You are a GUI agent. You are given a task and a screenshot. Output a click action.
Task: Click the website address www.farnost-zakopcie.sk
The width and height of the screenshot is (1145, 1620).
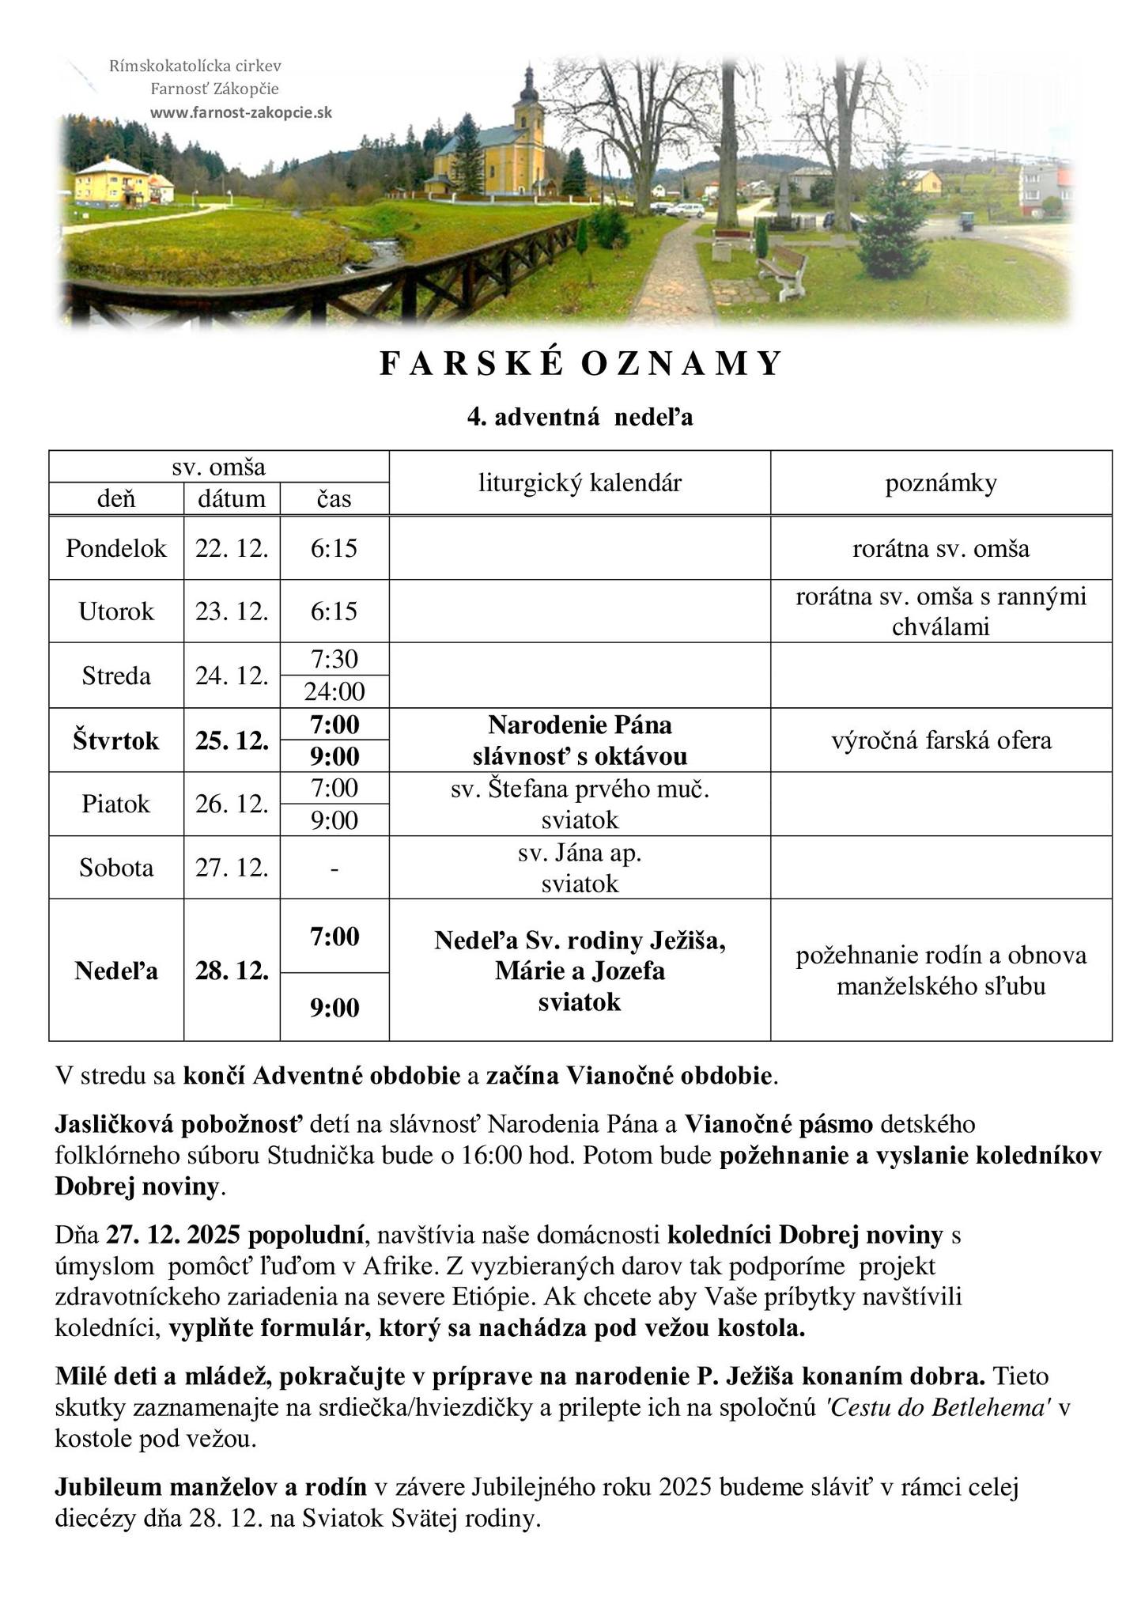tap(241, 112)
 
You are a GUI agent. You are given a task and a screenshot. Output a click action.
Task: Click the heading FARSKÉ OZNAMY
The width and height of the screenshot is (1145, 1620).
tap(580, 364)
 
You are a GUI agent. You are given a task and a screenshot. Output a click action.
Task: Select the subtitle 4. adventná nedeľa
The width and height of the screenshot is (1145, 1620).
tap(580, 417)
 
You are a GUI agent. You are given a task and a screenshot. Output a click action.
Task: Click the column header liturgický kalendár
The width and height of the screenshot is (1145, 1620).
tap(580, 483)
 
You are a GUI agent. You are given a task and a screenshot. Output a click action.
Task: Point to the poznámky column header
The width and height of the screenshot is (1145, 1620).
tap(940, 483)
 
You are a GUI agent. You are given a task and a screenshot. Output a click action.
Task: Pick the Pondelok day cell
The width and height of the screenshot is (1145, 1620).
tap(116, 548)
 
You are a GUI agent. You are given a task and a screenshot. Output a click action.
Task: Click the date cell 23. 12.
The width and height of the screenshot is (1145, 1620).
tap(232, 611)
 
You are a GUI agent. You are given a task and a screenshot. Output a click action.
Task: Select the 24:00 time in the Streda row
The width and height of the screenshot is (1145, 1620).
tap(334, 692)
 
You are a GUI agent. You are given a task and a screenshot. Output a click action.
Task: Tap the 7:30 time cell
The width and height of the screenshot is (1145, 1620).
tap(334, 659)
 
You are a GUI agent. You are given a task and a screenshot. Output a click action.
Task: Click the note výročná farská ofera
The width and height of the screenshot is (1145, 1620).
tap(941, 740)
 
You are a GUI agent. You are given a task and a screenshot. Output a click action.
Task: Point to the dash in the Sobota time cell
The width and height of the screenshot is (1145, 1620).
tap(334, 869)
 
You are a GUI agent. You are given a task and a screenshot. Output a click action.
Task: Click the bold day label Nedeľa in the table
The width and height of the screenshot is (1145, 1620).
tap(116, 971)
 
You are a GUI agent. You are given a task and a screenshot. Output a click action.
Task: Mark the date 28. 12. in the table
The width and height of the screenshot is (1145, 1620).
tap(232, 971)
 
